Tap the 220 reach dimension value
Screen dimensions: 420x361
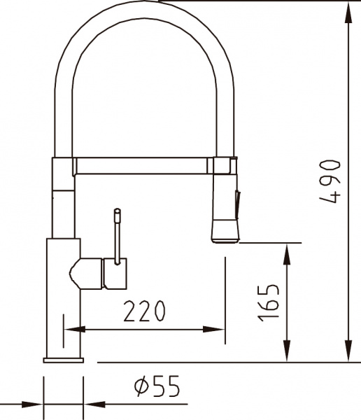145,311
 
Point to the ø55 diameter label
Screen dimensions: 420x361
156,385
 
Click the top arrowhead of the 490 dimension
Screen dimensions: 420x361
348,10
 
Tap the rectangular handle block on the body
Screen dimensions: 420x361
115,273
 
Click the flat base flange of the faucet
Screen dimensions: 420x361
64,358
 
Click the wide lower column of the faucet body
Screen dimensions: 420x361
64,308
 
